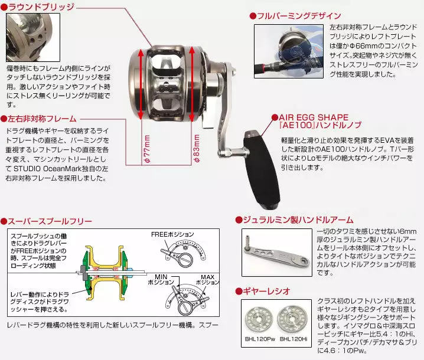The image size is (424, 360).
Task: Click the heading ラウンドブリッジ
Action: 41,7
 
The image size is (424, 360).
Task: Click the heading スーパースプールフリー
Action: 49,221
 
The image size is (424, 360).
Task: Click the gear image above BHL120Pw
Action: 260,318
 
